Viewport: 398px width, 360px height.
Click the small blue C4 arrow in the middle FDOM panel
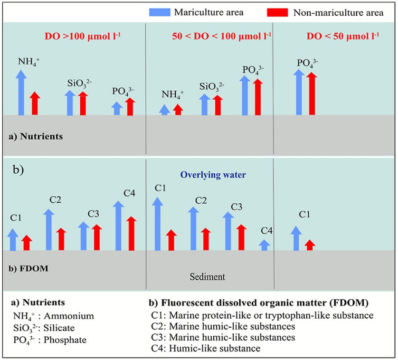265,245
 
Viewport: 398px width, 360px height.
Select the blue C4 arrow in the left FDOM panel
118,226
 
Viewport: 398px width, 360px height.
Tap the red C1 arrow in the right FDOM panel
310,245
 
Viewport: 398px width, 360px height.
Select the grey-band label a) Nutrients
36,136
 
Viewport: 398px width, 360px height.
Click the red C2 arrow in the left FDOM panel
61,239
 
